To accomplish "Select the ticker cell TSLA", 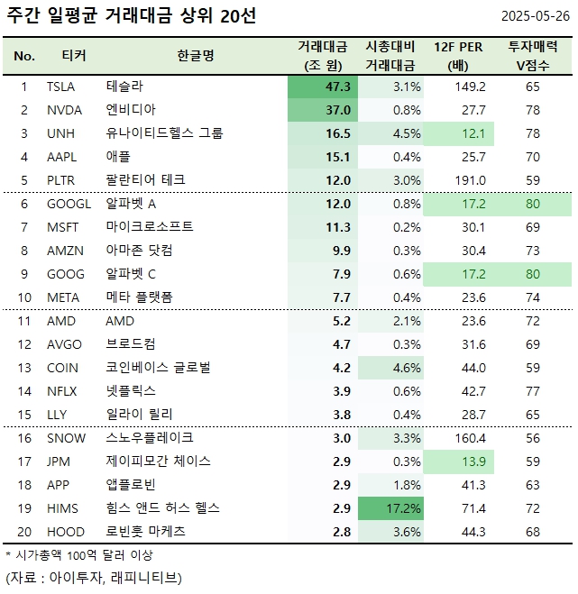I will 60,87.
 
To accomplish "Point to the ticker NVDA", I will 62,110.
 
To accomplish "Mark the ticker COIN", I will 61,368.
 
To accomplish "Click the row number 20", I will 24,532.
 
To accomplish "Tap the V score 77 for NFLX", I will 532,391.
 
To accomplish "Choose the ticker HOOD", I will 63,532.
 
